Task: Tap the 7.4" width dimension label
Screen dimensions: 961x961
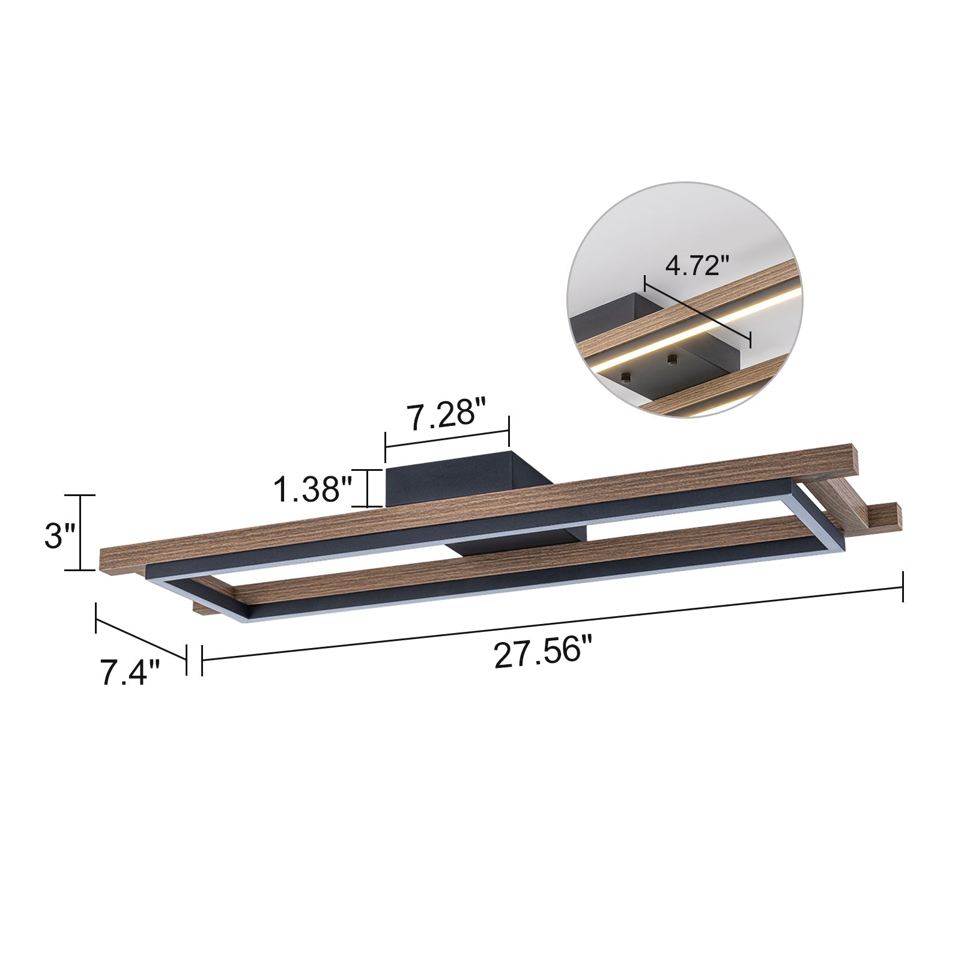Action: (130, 673)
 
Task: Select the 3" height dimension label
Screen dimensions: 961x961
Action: (60, 536)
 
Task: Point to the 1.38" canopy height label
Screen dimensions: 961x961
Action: (312, 489)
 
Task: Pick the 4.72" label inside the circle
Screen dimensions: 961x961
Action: (697, 265)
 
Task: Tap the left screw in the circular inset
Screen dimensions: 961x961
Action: (626, 377)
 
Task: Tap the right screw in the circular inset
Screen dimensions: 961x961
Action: (670, 359)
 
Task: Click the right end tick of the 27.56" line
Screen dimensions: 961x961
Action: (903, 586)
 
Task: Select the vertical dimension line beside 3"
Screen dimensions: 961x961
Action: (80, 533)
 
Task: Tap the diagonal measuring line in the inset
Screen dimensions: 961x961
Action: (697, 312)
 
